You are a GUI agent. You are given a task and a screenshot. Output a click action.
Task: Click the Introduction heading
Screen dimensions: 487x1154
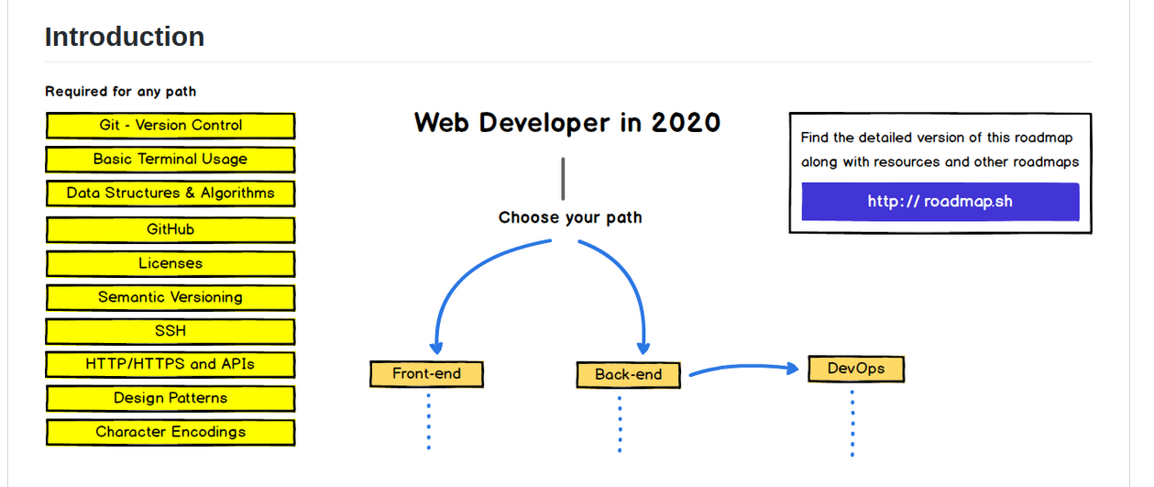125,37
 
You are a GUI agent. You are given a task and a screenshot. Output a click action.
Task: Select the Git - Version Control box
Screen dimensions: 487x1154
170,126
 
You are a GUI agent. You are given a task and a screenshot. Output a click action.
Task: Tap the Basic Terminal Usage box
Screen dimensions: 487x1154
170,160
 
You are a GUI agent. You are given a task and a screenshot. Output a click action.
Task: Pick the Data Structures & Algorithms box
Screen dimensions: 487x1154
170,194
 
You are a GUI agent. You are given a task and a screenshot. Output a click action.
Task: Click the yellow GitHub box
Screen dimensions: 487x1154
170,229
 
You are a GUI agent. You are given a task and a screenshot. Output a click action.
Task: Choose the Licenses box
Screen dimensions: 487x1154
170,263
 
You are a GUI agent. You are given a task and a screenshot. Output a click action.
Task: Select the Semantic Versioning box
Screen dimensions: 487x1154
170,297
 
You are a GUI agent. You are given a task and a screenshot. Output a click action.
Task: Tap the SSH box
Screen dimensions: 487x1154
170,331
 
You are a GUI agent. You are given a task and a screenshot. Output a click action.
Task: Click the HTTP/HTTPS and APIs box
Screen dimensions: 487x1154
170,364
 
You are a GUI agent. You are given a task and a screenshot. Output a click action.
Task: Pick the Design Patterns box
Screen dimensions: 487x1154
170,398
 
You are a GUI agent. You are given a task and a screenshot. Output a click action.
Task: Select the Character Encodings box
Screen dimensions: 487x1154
170,432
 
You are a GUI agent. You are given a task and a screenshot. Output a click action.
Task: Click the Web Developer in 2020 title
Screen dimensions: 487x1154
567,123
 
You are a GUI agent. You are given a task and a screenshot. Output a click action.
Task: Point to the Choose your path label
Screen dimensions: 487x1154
570,217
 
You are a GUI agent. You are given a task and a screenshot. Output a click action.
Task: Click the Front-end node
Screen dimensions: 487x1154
426,374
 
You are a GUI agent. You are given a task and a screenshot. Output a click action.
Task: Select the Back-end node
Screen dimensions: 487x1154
628,374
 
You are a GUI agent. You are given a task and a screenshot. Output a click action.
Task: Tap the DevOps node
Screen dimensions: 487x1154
856,369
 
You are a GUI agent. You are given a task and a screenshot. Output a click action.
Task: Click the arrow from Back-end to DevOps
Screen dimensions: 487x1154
742,369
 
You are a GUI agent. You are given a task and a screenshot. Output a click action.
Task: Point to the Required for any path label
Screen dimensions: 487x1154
120,92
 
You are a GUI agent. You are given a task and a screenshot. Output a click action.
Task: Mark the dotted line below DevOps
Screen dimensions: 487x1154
852,422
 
